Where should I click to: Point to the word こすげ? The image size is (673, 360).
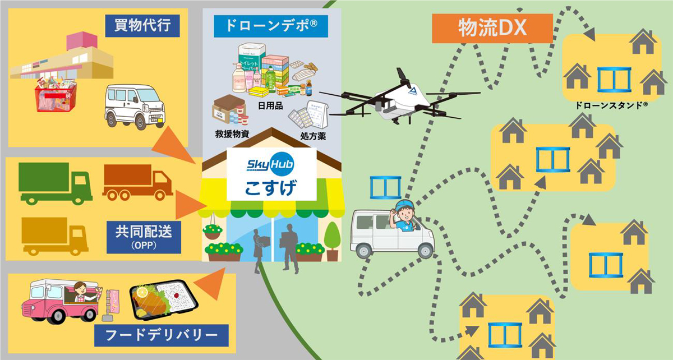tap(271, 187)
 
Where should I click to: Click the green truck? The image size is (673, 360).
tap(55, 183)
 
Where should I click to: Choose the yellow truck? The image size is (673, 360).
tap(54, 236)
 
